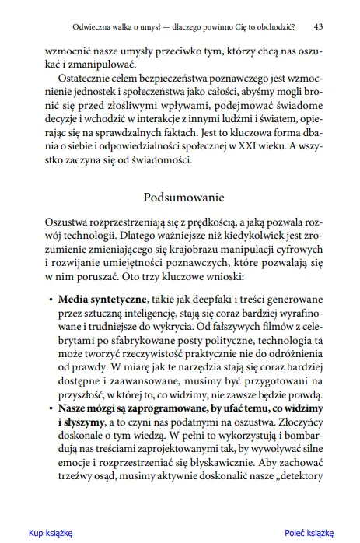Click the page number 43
[319, 26]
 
